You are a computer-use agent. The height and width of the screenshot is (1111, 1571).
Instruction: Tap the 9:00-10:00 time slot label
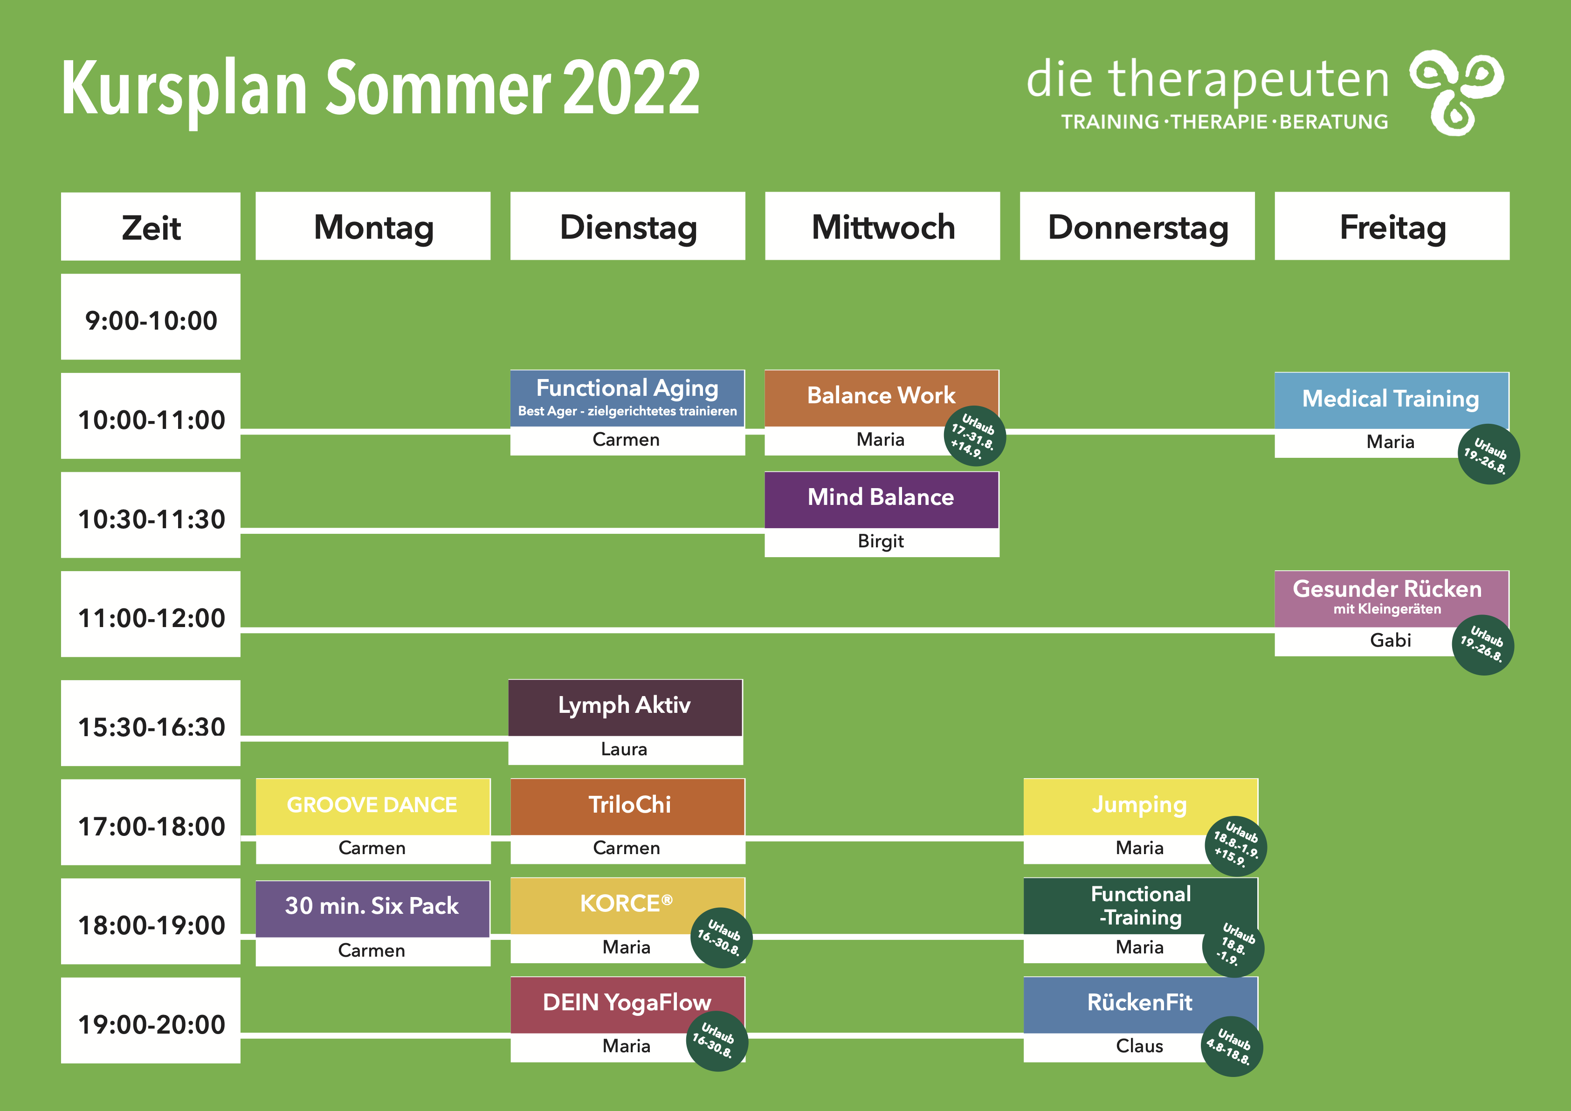151,317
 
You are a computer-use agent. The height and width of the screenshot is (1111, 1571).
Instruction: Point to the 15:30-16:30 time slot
151,723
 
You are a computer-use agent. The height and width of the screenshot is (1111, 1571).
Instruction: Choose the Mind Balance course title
881,497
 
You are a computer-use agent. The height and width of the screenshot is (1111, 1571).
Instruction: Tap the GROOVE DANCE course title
372,805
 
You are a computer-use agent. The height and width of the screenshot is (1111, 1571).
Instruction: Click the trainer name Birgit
881,541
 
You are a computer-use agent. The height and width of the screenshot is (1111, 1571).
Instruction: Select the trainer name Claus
1139,1046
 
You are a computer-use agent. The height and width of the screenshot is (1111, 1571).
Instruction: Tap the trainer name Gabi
1391,640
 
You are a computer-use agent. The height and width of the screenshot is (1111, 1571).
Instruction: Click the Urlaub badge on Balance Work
974,436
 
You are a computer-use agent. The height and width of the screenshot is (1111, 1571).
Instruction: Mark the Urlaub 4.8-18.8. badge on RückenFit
1232,1047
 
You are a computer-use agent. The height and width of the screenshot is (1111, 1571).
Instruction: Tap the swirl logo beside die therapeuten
1456,92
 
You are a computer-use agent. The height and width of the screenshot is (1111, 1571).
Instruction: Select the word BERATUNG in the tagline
1334,122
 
